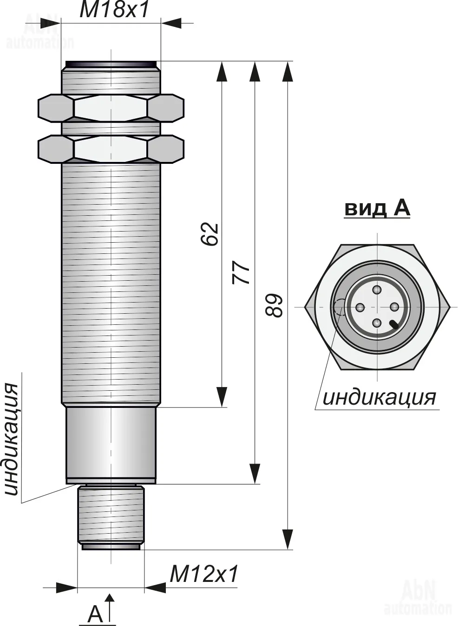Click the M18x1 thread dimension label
pos(114,10)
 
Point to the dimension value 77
pos(241,273)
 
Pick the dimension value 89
pos(274,305)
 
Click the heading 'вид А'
pos(377,208)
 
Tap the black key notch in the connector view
pos(394,324)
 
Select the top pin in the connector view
pos(377,290)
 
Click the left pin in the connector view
pos(360,307)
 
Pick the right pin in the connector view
pos(394,307)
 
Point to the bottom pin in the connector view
pos(377,324)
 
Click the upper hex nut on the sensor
pos(111,108)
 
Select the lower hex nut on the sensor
pos(111,148)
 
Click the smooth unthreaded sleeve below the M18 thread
pos(111,445)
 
